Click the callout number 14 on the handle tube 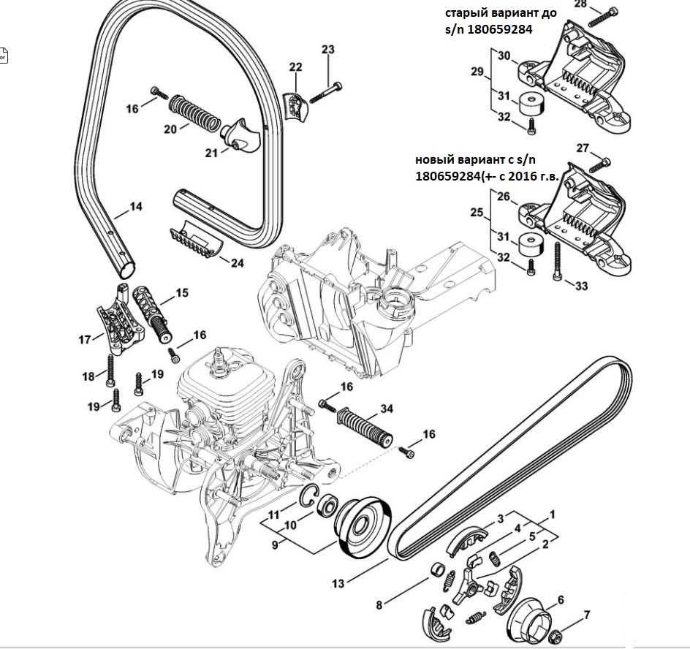point(135,207)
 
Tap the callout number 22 point(295,67)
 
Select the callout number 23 point(328,50)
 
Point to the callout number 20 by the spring point(170,129)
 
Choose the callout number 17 point(86,339)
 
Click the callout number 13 point(338,583)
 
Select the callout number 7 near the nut point(586,615)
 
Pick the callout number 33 point(581,286)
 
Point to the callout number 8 point(379,604)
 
